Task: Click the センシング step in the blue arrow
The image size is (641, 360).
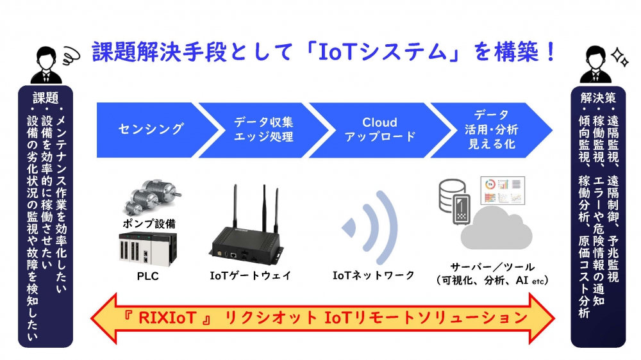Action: (x=151, y=128)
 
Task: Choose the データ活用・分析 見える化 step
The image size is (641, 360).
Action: (x=490, y=129)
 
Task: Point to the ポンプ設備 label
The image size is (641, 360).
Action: (x=149, y=224)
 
